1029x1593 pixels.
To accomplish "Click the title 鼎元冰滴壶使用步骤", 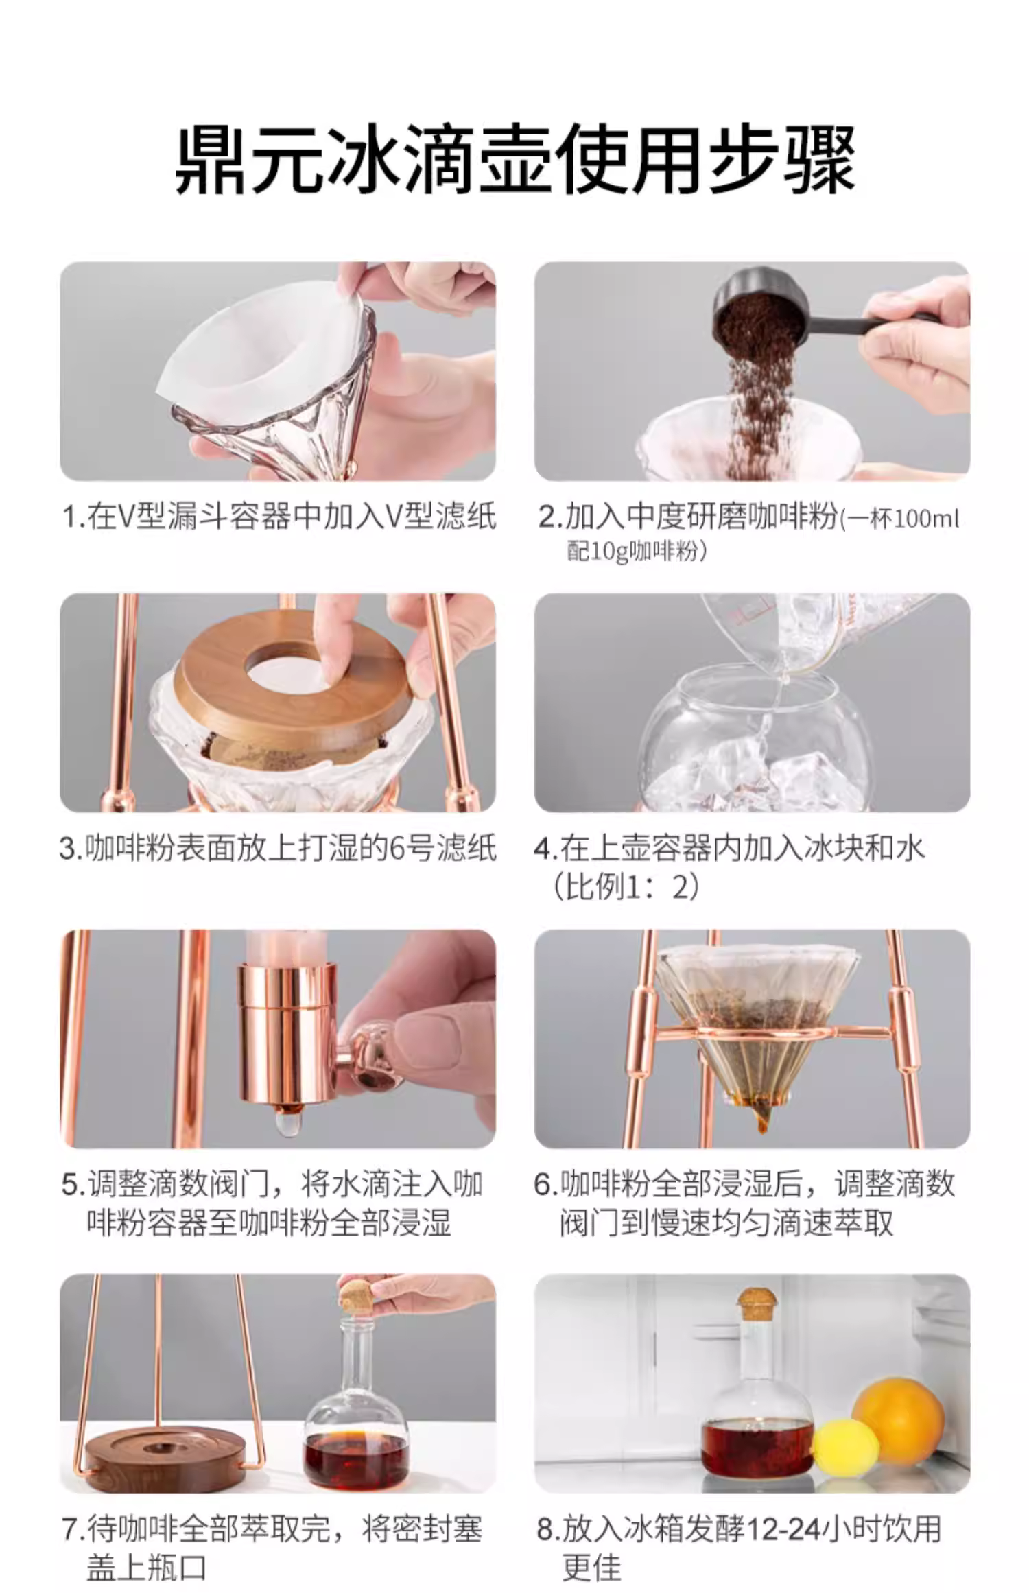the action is click(x=514, y=161).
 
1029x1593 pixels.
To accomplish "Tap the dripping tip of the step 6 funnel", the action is click(x=761, y=1124).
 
